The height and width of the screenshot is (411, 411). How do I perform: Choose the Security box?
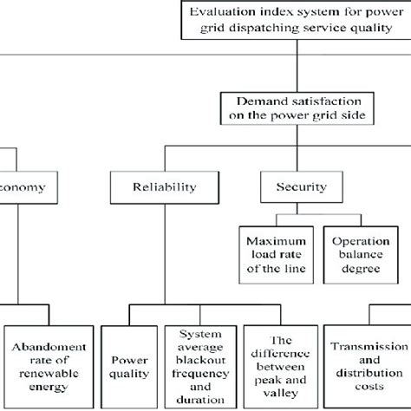pos(295,187)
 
